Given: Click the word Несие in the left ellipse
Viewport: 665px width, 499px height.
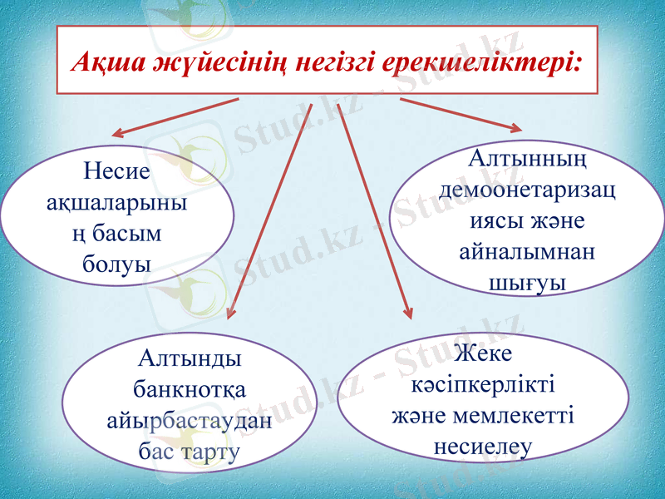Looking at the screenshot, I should [x=117, y=171].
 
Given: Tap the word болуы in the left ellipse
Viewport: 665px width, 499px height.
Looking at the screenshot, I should [x=117, y=264].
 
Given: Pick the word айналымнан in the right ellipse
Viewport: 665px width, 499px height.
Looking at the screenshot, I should [x=527, y=252].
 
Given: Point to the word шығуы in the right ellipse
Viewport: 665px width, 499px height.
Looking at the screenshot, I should [x=526, y=283].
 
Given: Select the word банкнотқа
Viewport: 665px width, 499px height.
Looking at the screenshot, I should [x=190, y=388].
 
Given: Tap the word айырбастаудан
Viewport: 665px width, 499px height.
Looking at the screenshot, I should [x=190, y=419].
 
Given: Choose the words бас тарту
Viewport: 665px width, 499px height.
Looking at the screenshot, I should [x=190, y=451].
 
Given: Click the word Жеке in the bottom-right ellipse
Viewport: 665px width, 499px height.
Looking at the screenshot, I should [x=484, y=353].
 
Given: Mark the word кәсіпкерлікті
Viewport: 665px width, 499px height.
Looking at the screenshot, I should [x=484, y=384].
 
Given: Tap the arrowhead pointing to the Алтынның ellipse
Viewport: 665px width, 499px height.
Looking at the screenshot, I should [x=515, y=128].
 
